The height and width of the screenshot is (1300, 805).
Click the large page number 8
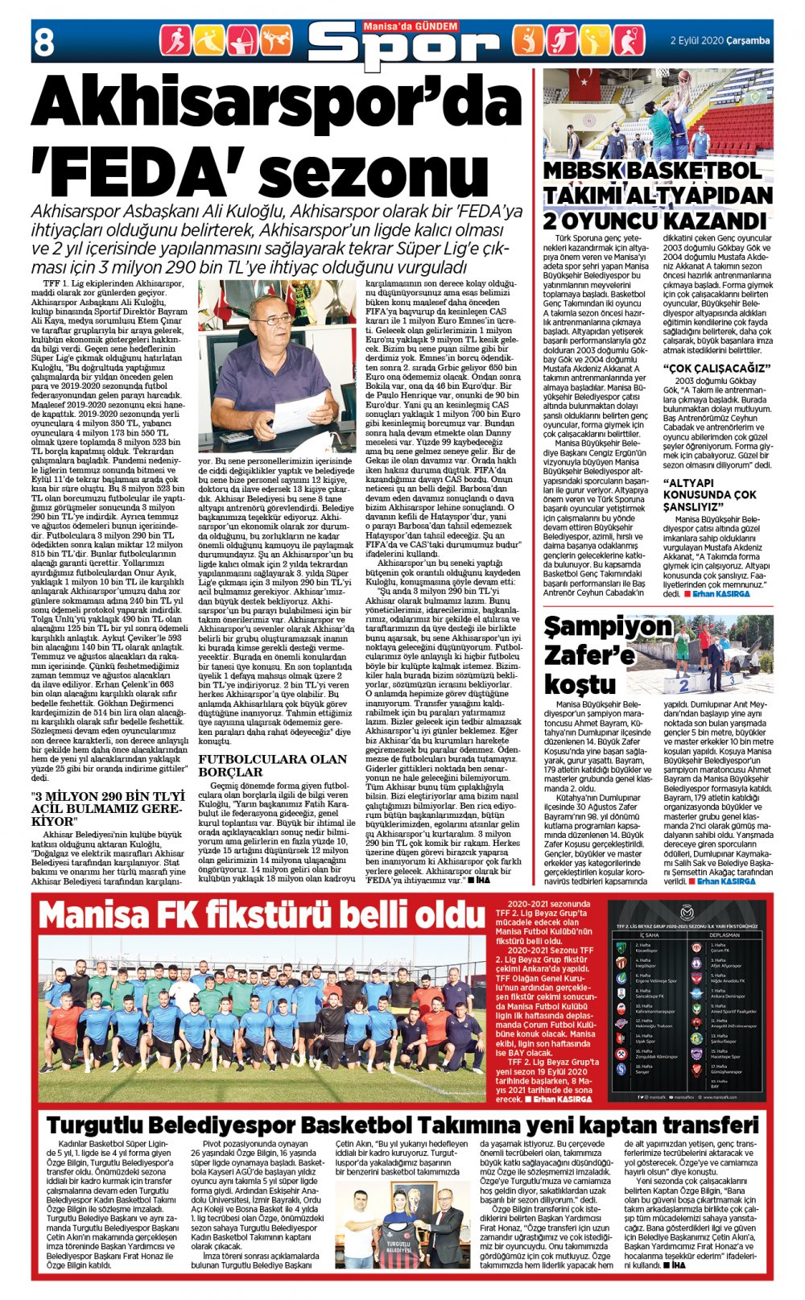pyautogui.click(x=44, y=40)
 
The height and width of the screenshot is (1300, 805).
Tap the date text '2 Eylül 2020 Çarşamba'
pyautogui.click(x=720, y=40)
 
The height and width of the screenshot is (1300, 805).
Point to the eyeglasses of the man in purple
pyautogui.click(x=274, y=320)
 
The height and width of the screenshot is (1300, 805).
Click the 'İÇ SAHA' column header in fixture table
pyautogui.click(x=649, y=935)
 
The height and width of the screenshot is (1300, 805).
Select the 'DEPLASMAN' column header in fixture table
pyautogui.click(x=725, y=935)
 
